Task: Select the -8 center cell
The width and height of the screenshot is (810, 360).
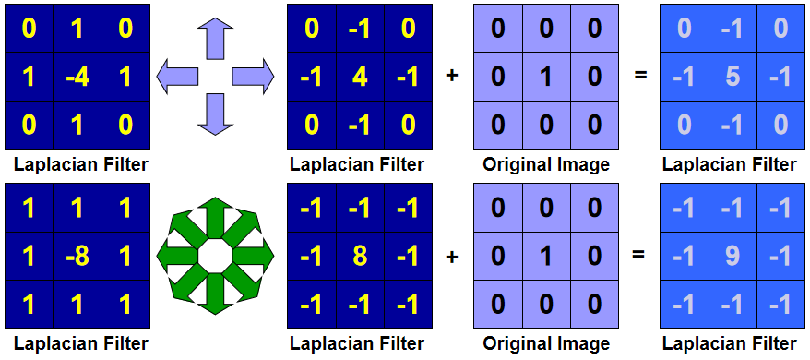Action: click(77, 257)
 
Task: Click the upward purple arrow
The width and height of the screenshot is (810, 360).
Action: click(215, 40)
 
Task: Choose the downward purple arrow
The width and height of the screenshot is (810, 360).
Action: click(215, 113)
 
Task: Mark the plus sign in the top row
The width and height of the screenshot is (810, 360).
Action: click(451, 76)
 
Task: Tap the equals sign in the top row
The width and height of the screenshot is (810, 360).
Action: click(639, 76)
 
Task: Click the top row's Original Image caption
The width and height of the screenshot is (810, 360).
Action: click(546, 165)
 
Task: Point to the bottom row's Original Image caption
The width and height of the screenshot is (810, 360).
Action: click(546, 344)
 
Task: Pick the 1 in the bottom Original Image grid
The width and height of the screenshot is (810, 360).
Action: click(546, 257)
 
